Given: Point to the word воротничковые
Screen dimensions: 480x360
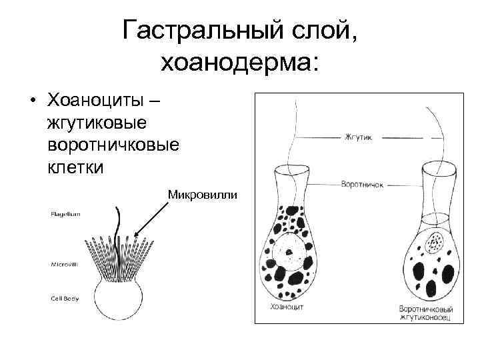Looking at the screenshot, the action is [113, 144].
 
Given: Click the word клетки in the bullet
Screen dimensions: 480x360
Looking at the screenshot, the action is [75, 165].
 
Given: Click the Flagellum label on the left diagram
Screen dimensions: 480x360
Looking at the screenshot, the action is [65, 214].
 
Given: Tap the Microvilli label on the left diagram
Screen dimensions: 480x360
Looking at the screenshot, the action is [65, 265].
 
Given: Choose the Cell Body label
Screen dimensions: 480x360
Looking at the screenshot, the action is [65, 298].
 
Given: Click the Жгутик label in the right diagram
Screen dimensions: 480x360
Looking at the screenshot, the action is [361, 138].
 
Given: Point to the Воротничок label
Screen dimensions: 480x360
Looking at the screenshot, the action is [361, 184].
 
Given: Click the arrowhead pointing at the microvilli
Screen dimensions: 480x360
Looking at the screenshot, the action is [137, 234].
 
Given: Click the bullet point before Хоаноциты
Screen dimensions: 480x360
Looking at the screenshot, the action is [32, 103].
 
